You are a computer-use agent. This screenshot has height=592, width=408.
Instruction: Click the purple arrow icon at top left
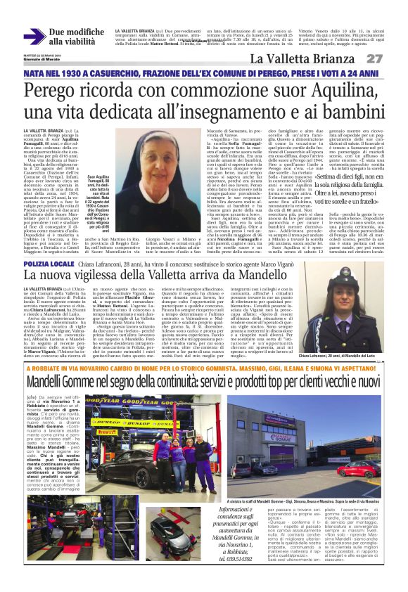click(x=34, y=37)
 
